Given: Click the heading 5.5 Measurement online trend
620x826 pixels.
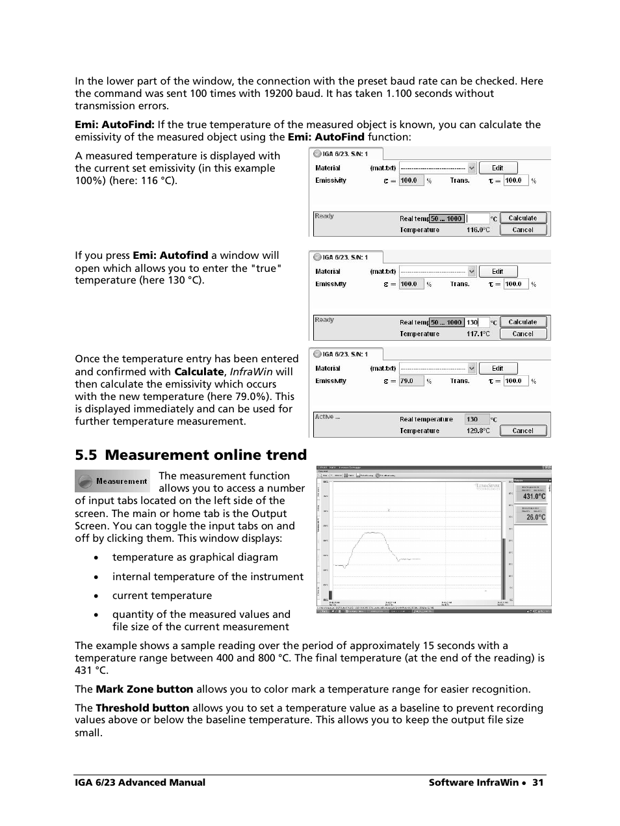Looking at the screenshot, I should click(190, 455).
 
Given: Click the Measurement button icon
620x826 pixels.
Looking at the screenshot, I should click(112, 481).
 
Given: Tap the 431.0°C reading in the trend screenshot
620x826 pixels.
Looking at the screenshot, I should click(534, 496).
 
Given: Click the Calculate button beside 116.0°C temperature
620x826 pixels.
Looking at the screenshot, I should click(523, 219).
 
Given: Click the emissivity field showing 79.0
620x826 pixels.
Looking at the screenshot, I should click(411, 381).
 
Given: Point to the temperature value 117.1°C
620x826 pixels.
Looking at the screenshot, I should click(478, 334).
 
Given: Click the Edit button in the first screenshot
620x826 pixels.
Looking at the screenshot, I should click(498, 168).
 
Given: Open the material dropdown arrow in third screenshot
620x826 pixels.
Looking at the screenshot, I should click(472, 368).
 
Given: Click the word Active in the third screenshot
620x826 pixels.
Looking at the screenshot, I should click(324, 417).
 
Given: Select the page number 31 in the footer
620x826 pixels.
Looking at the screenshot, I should click(537, 782).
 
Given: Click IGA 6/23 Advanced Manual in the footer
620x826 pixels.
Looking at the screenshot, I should click(140, 782).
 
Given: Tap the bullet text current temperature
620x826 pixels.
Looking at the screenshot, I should click(162, 596).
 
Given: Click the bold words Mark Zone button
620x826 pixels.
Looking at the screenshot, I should click(144, 689).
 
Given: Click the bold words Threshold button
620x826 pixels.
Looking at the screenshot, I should click(142, 708).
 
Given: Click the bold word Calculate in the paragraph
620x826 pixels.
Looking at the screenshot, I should click(199, 372).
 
